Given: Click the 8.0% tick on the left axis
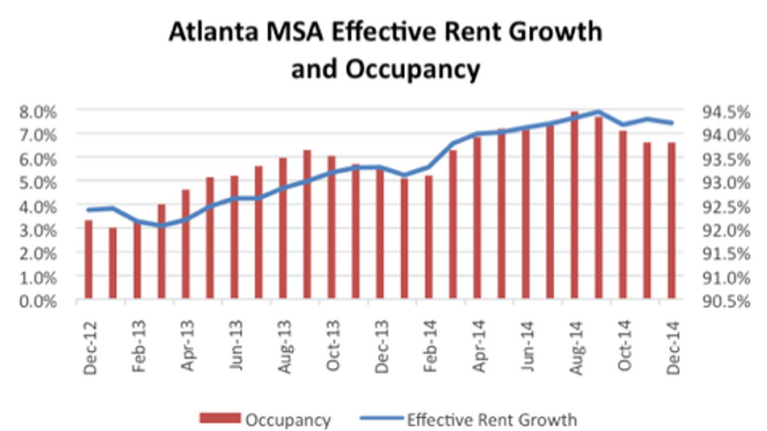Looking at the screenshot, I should click(40, 111).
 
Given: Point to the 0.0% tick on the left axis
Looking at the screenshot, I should click(40, 300).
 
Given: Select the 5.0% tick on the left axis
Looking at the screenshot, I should click(40, 182).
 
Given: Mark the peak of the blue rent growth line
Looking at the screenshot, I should click(598, 112).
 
